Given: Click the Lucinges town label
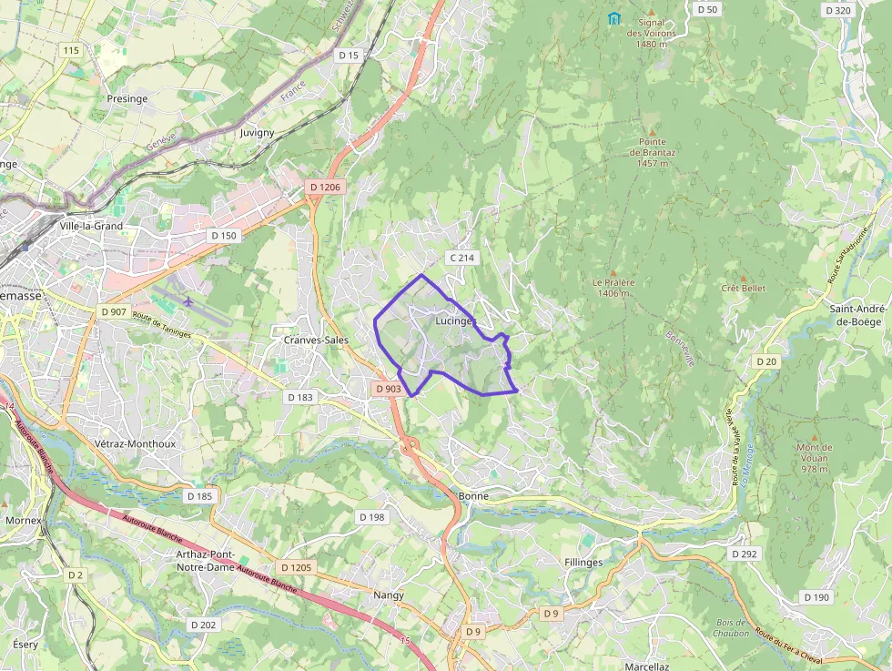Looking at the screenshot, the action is pos(455,321).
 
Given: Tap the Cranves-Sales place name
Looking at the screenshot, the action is pos(316,340).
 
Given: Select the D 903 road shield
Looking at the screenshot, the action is pos(388,389).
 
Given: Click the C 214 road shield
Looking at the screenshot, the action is pos(461,258).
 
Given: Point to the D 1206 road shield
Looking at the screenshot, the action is pos(324,188).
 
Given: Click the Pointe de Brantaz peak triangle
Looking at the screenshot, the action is pos(652,129).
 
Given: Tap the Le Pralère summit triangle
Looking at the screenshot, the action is pos(613,272).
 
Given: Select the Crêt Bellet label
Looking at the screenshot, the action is pos(743,289).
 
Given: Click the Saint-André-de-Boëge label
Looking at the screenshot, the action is pos(859,315).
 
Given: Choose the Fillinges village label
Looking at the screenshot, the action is pos(583,563).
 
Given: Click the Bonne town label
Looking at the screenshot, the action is pos(474,496).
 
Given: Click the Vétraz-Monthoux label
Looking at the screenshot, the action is pos(134,443).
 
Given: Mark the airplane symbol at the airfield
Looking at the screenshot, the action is pos(188,300).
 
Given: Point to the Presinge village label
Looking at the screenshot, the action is pos(127,98).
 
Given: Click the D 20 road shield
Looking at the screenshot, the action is pos(765,361).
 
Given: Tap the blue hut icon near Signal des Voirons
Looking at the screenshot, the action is pos(614,18).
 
